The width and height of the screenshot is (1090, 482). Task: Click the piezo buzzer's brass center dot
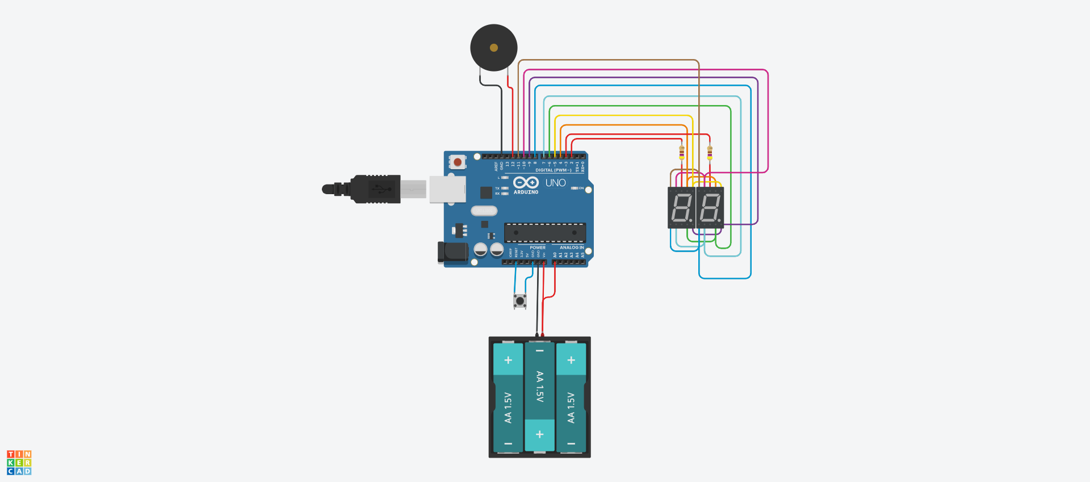[x=493, y=48]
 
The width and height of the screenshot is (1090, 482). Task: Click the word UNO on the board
[x=555, y=183]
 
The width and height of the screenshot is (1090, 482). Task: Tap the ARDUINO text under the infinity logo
[x=526, y=192]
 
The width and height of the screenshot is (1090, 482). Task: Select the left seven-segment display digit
[x=681, y=208]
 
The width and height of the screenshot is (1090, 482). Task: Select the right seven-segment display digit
[x=710, y=208]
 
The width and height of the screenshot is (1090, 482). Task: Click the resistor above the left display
[x=681, y=152]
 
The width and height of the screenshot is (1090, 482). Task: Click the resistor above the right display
[x=709, y=152]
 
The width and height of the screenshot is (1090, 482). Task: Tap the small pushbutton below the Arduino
[x=519, y=300]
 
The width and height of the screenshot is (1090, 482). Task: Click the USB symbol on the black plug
[x=381, y=188]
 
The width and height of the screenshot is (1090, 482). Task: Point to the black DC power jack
[x=452, y=253]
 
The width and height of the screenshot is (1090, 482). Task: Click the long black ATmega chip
[x=544, y=232]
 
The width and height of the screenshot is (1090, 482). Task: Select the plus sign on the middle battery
[x=539, y=434]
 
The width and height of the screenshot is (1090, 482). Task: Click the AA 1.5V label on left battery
[x=508, y=408]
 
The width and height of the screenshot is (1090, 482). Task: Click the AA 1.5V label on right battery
[x=571, y=408]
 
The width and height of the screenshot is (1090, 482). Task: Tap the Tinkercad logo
[x=19, y=463]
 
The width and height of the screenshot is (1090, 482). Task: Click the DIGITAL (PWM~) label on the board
[x=553, y=170]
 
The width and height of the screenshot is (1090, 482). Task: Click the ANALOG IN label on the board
[x=571, y=248]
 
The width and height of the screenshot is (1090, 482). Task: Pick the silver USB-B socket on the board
[x=447, y=189]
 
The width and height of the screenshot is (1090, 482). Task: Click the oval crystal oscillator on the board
[x=484, y=211]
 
